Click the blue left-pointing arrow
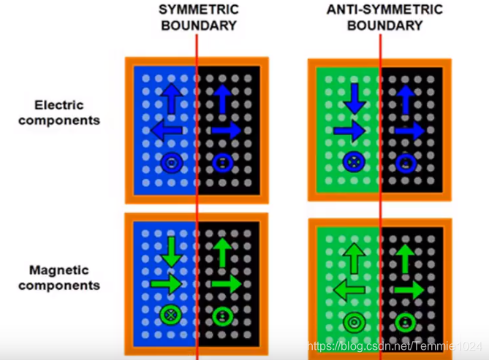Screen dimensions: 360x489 (x=167, y=131)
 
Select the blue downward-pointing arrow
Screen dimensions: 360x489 (x=354, y=98)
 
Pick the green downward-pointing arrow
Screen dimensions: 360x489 (x=170, y=251)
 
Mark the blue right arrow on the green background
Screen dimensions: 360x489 (x=349, y=131)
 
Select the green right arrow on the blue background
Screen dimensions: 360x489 (x=167, y=283)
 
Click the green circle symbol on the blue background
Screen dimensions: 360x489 (x=170, y=316)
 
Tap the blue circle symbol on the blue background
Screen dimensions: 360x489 (x=171, y=163)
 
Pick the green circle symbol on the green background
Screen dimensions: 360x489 (x=354, y=321)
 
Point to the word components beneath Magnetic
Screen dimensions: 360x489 (x=58, y=286)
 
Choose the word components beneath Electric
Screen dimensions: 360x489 (x=58, y=120)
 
